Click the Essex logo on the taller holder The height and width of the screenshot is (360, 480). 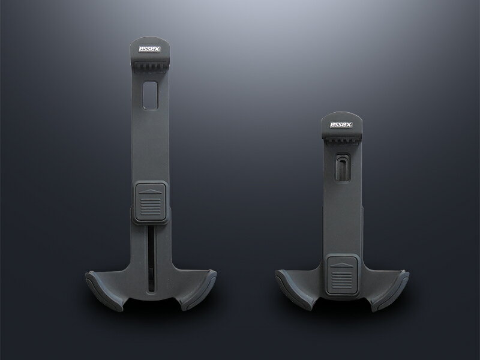pos(149,49)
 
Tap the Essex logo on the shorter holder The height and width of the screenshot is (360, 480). pos(341,125)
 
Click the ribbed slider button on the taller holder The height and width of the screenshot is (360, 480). pos(150,202)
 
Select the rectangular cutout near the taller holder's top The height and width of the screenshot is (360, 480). pos(150,95)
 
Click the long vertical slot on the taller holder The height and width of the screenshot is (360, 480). pos(151,259)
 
